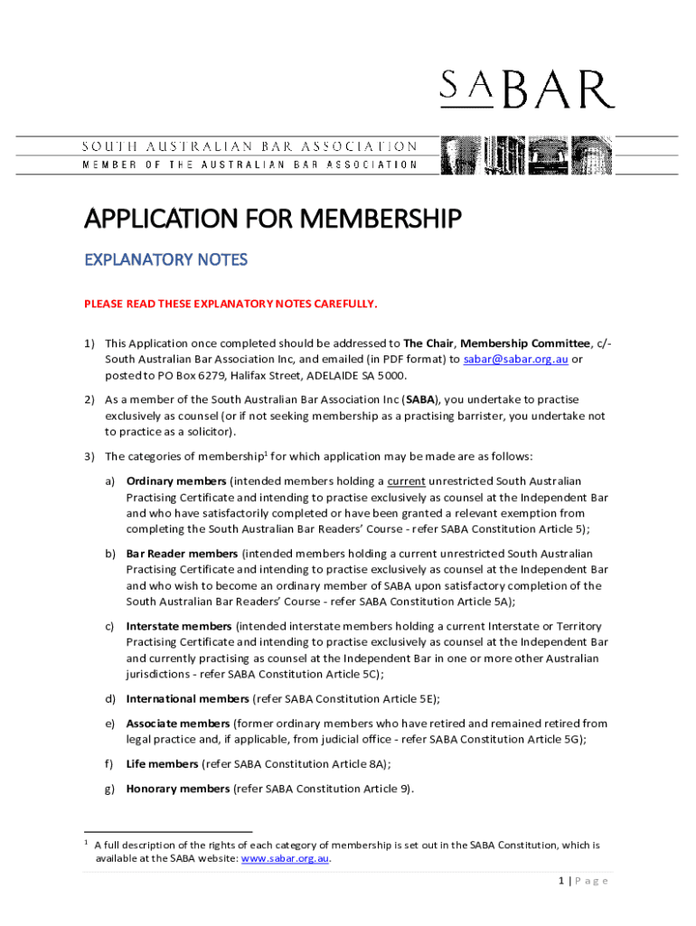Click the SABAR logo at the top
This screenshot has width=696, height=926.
click(x=527, y=90)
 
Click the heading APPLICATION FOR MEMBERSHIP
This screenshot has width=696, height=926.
click(x=273, y=219)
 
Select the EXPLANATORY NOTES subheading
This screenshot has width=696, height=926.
click(x=165, y=260)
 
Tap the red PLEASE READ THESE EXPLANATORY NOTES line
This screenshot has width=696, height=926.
click(x=230, y=304)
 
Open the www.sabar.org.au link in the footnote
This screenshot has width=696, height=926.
click(x=285, y=859)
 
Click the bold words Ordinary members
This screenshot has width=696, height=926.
click(x=177, y=481)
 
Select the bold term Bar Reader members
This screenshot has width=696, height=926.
click(x=182, y=553)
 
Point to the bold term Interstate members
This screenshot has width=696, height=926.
click(x=179, y=626)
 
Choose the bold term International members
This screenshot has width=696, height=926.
click(x=187, y=699)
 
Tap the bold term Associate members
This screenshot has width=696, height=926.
click(x=178, y=723)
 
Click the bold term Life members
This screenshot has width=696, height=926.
click(x=162, y=764)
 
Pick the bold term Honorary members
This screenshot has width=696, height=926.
click(x=178, y=789)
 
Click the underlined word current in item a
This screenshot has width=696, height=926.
click(x=407, y=481)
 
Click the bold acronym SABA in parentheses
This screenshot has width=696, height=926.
click(x=420, y=400)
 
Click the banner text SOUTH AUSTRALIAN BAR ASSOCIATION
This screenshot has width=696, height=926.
click(x=250, y=146)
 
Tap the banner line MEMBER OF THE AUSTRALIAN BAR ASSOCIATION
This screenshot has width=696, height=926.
click(x=250, y=165)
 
